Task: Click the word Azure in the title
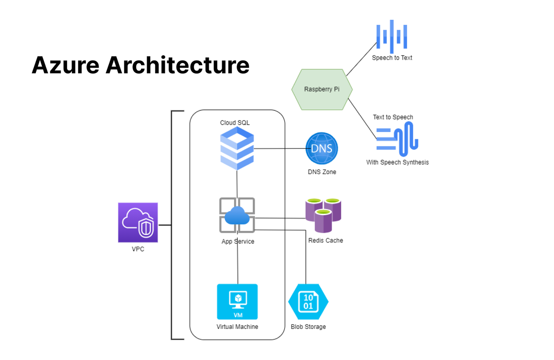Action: pyautogui.click(x=65, y=65)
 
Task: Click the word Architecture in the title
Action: pyautogui.click(x=178, y=65)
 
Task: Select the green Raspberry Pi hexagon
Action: pyautogui.click(x=322, y=89)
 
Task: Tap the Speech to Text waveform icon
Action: pyautogui.click(x=392, y=35)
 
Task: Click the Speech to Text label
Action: pyautogui.click(x=392, y=58)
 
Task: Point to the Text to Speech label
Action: pyautogui.click(x=393, y=117)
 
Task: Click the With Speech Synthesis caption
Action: pyautogui.click(x=398, y=162)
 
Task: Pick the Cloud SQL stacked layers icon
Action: pyautogui.click(x=237, y=148)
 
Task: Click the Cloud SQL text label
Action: pyautogui.click(x=234, y=123)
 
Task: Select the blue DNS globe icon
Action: pyautogui.click(x=322, y=148)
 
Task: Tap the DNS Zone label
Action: pyautogui.click(x=322, y=172)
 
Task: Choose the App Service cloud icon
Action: pyautogui.click(x=237, y=215)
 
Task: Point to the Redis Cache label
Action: pyautogui.click(x=326, y=241)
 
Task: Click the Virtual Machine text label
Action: pyautogui.click(x=237, y=327)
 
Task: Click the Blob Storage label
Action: pyautogui.click(x=308, y=327)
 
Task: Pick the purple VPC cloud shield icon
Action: pyautogui.click(x=138, y=222)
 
